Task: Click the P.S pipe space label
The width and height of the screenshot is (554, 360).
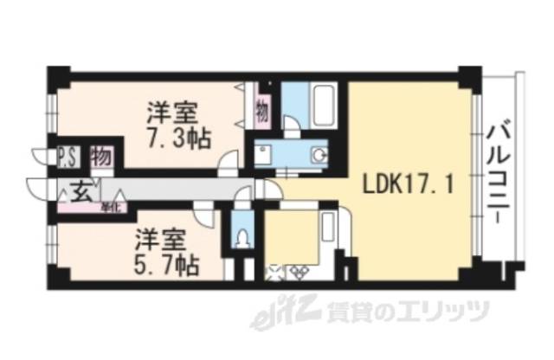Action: (x=67, y=158)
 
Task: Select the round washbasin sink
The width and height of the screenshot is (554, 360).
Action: (x=318, y=156)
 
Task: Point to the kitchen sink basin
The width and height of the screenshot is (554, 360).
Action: (x=329, y=227)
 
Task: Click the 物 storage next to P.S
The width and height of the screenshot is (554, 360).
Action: (x=100, y=157)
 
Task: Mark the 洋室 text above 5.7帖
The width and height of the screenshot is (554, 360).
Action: (x=158, y=236)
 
